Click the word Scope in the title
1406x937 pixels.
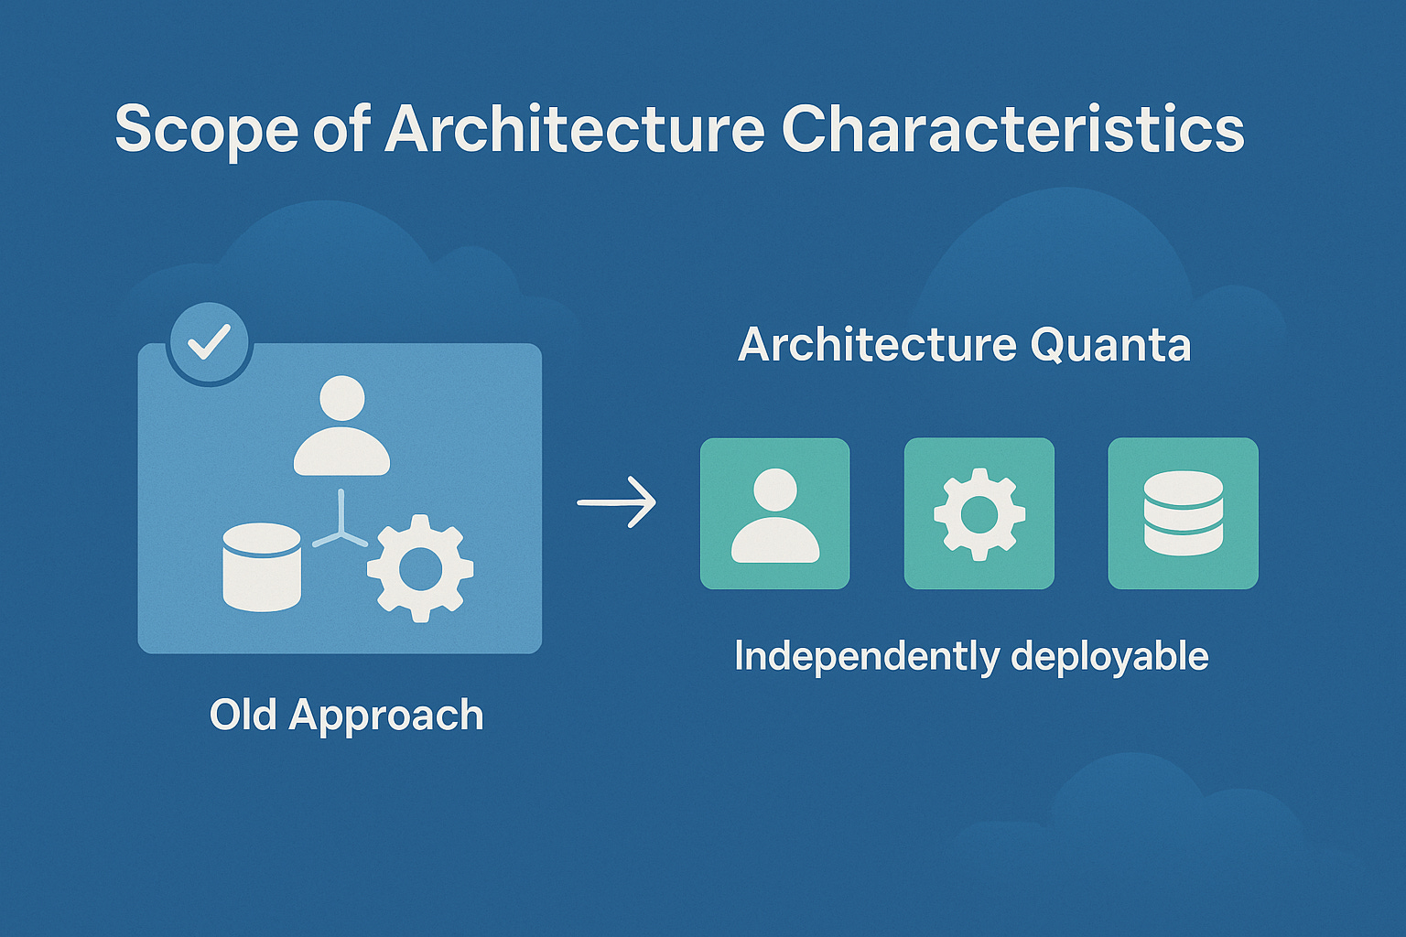click(x=206, y=129)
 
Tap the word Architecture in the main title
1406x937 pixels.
click(x=574, y=129)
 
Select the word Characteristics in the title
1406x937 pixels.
click(x=1012, y=129)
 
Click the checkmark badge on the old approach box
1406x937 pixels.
click(x=209, y=343)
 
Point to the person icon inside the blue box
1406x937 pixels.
click(x=341, y=426)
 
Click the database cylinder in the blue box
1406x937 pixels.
click(x=262, y=566)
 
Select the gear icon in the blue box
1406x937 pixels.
click(x=420, y=568)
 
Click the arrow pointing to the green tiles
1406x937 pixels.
click(x=617, y=501)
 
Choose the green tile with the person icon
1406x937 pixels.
click(x=774, y=513)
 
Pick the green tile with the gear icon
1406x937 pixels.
click(x=979, y=513)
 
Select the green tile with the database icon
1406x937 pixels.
click(x=1183, y=513)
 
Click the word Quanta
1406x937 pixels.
click(x=1110, y=345)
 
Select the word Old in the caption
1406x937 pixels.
click(x=243, y=715)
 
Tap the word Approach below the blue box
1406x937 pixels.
click(x=386, y=716)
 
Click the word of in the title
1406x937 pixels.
click(x=341, y=129)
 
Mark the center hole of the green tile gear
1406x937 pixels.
click(x=979, y=514)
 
